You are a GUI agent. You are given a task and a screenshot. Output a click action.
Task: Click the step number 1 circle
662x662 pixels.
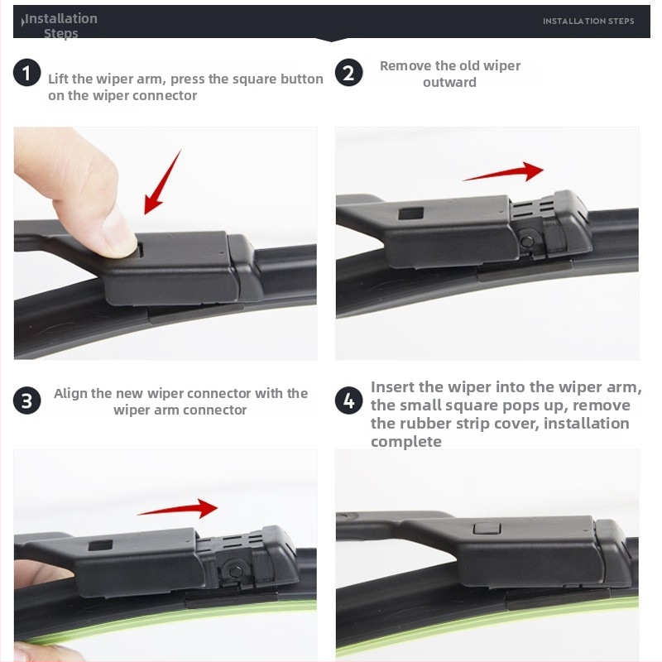pyautogui.click(x=26, y=73)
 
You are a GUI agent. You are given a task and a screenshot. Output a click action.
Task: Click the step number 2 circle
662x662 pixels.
pyautogui.click(x=348, y=73)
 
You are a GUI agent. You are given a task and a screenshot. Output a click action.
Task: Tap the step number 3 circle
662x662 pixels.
pyautogui.click(x=26, y=401)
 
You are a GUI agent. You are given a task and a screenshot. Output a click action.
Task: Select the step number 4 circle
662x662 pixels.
pyautogui.click(x=348, y=401)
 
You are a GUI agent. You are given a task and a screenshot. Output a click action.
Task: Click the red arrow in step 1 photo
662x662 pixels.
pyautogui.click(x=161, y=182)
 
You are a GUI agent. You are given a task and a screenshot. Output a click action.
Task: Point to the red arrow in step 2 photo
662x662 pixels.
pyautogui.click(x=503, y=172)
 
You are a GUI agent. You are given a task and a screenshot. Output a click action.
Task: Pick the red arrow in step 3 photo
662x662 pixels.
pyautogui.click(x=178, y=508)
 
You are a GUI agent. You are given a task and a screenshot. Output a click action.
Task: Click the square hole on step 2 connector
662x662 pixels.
pyautogui.click(x=410, y=213)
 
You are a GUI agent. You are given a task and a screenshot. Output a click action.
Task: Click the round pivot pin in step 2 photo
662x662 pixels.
pyautogui.click(x=526, y=242)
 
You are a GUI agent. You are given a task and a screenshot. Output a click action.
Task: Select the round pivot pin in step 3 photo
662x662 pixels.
pyautogui.click(x=235, y=572)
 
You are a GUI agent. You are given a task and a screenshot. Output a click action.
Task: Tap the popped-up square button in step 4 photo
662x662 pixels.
pyautogui.click(x=487, y=528)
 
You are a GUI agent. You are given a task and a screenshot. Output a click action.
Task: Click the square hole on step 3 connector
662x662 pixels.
pyautogui.click(x=100, y=545)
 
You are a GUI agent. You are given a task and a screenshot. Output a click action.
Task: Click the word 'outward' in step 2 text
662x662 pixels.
pyautogui.click(x=449, y=82)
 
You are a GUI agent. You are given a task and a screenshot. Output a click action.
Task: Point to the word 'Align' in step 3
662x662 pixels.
pyautogui.click(x=70, y=394)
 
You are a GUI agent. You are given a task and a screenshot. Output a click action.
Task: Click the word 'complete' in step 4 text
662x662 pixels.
pyautogui.click(x=406, y=442)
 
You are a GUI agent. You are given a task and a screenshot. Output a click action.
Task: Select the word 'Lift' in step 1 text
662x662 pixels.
pyautogui.click(x=58, y=79)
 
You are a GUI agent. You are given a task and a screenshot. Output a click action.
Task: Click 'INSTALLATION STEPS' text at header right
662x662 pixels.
pyautogui.click(x=588, y=22)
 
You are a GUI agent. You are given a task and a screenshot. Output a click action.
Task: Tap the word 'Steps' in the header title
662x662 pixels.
pyautogui.click(x=60, y=33)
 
